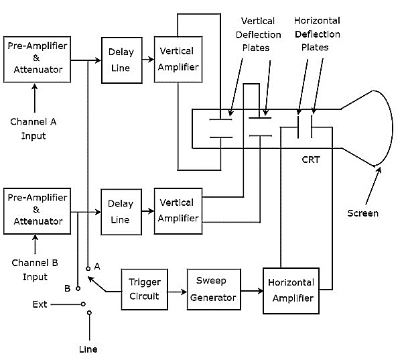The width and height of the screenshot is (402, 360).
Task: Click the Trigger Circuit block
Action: click(144, 289)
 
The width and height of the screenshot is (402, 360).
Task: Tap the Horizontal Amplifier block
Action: click(289, 290)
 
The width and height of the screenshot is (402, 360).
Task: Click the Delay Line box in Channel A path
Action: click(121, 60)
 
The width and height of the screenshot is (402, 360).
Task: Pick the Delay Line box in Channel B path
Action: click(121, 211)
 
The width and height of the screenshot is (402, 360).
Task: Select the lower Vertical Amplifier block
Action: click(178, 211)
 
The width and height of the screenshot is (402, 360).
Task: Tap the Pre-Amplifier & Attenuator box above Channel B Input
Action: click(38, 211)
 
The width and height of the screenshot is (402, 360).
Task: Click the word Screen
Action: click(362, 213)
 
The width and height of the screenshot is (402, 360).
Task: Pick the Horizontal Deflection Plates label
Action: click(317, 34)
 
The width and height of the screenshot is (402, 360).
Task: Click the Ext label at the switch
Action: click(40, 304)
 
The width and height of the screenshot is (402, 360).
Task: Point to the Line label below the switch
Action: click(88, 349)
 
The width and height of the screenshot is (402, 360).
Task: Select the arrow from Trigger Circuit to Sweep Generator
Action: click(177, 292)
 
